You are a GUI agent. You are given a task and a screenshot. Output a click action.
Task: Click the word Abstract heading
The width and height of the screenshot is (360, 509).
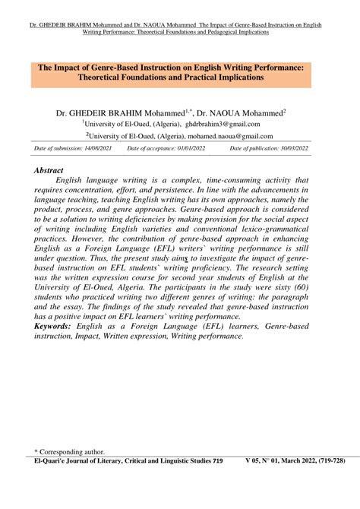click(x=49, y=171)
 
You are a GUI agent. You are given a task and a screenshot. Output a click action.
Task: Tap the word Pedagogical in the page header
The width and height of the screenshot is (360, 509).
click(x=233, y=33)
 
